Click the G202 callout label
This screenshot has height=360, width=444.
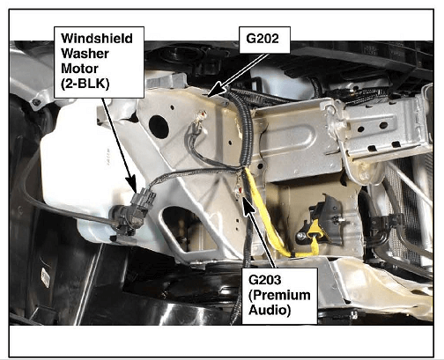[x=263, y=39]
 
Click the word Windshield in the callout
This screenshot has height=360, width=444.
[x=97, y=39]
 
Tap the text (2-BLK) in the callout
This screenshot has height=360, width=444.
[x=85, y=84]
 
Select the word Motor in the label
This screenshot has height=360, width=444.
[x=79, y=69]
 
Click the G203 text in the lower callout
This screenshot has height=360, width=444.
[x=265, y=280]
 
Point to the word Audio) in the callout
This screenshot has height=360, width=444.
[x=270, y=310]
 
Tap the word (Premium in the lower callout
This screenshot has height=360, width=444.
[x=279, y=295]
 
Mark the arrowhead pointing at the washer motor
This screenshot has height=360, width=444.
[x=132, y=184]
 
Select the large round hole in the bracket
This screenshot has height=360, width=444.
[x=159, y=127]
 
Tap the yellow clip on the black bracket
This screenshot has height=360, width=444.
[x=314, y=231]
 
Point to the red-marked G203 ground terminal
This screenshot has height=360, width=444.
[x=240, y=190]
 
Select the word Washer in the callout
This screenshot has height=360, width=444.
[x=85, y=54]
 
